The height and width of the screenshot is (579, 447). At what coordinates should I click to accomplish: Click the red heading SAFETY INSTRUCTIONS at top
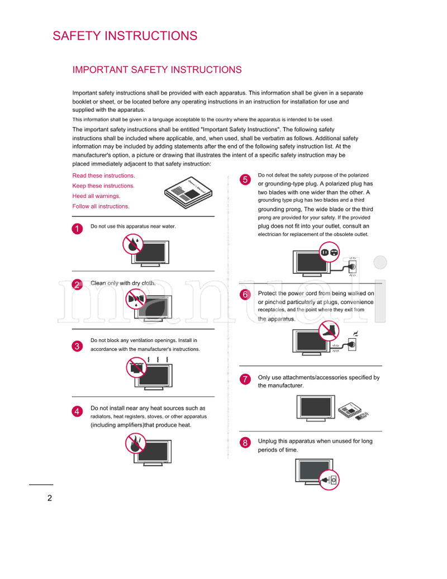(x=125, y=36)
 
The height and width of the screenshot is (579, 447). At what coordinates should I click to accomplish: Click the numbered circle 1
(x=77, y=228)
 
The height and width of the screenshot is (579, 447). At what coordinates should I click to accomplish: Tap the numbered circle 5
(x=244, y=179)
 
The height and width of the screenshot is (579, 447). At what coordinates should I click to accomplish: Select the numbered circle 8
(x=244, y=443)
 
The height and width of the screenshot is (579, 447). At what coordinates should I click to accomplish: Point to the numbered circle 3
(x=77, y=346)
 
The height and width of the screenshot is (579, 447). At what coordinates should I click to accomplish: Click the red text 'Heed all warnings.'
(x=96, y=196)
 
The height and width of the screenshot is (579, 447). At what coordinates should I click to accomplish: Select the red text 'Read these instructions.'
(x=103, y=175)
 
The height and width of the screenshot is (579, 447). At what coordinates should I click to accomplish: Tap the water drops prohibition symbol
(x=133, y=244)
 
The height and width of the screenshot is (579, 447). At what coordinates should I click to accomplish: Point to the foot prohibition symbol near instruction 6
(x=330, y=330)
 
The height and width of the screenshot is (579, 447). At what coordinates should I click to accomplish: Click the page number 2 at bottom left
(x=50, y=499)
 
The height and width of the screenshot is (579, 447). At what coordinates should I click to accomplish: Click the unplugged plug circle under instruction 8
(x=329, y=480)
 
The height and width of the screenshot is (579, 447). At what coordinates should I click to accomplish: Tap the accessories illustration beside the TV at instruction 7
(x=354, y=410)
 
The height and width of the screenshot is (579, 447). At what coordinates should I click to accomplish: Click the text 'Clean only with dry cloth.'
(x=123, y=283)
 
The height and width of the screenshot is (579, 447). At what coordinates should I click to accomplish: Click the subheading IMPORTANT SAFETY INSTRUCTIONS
(x=157, y=70)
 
